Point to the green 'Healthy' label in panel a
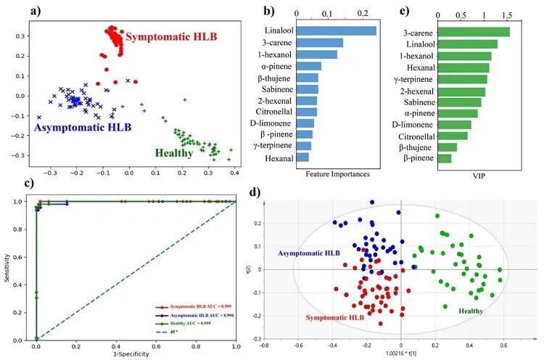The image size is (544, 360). click(x=174, y=153)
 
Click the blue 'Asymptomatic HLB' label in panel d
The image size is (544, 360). click(x=309, y=253)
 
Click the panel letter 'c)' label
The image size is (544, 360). click(x=8, y=184)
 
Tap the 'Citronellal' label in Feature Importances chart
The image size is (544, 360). click(x=268, y=112)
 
